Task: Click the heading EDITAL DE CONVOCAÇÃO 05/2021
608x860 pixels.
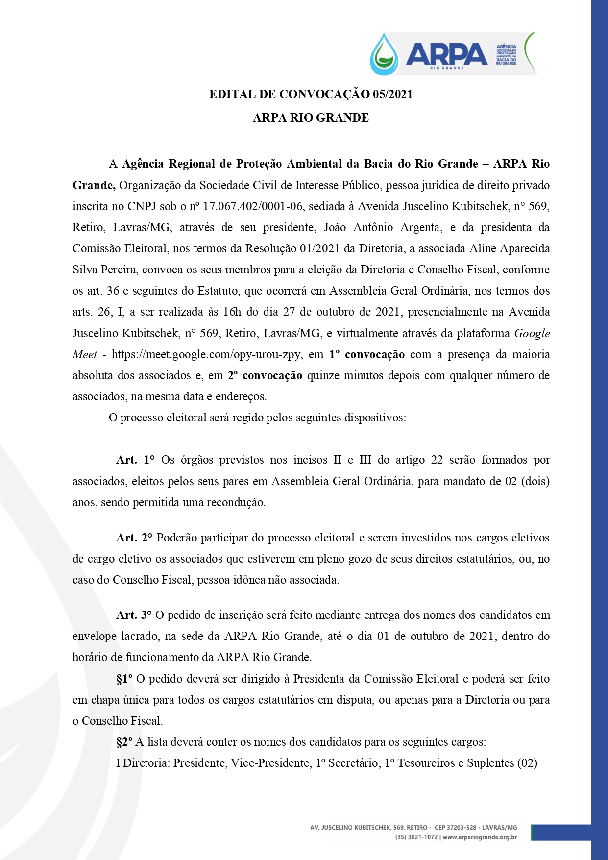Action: [x=311, y=94]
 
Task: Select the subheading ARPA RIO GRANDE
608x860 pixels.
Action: [x=311, y=118]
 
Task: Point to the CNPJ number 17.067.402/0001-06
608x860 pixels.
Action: [x=253, y=206]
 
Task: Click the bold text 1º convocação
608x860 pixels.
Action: [x=367, y=354]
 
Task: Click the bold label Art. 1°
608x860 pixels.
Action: [x=135, y=460]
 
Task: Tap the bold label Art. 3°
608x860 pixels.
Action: [x=134, y=615]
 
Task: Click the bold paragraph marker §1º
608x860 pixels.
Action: [x=124, y=679]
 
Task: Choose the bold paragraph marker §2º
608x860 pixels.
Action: [x=124, y=742]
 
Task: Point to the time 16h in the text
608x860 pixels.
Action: [x=232, y=312]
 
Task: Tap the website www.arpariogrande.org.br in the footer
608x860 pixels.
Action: [x=480, y=837]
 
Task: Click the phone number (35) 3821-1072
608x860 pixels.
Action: [x=416, y=837]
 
